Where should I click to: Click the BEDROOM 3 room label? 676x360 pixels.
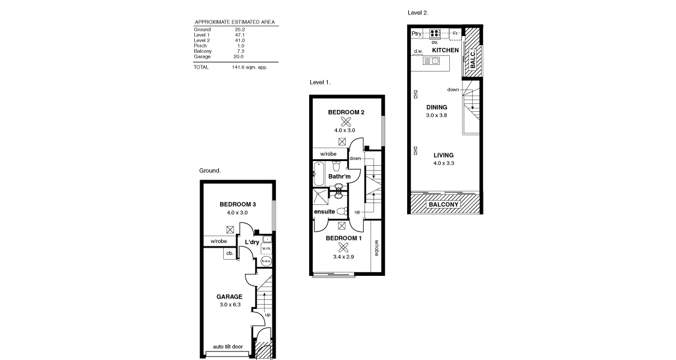point(238,204)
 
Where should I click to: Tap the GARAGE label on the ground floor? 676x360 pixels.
point(229,296)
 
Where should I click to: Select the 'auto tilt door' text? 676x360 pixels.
point(228,347)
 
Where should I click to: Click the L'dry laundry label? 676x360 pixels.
point(251,242)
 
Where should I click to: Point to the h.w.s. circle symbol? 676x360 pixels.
point(266,261)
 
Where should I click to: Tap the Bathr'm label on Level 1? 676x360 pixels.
point(339,176)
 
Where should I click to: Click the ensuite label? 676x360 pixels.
point(324,212)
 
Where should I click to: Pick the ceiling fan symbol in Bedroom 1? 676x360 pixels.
point(343,247)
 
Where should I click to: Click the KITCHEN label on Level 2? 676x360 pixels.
point(445,50)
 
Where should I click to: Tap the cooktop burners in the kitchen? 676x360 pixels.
point(435,34)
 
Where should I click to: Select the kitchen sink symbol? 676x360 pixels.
point(432,61)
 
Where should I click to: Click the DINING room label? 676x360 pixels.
point(437,107)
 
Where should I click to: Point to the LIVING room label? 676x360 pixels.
point(444,155)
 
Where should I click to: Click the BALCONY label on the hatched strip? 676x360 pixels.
point(443,204)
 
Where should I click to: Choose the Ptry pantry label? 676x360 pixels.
point(417,34)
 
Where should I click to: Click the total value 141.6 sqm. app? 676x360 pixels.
point(249,67)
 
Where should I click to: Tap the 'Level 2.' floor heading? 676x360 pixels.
point(418,12)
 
